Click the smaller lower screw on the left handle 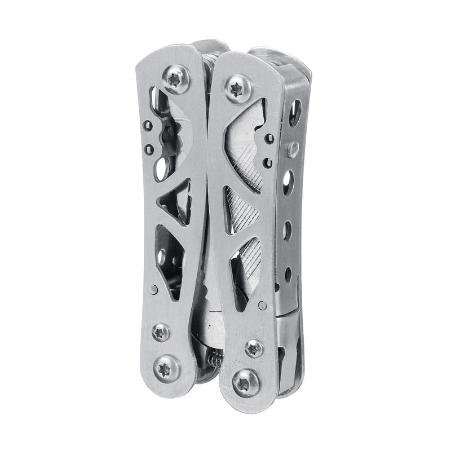coord(161,332)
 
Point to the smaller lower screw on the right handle coord(254,348)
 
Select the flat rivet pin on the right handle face coord(262,306)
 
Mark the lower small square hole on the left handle coord(149,149)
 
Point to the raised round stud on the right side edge coord(292,149)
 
